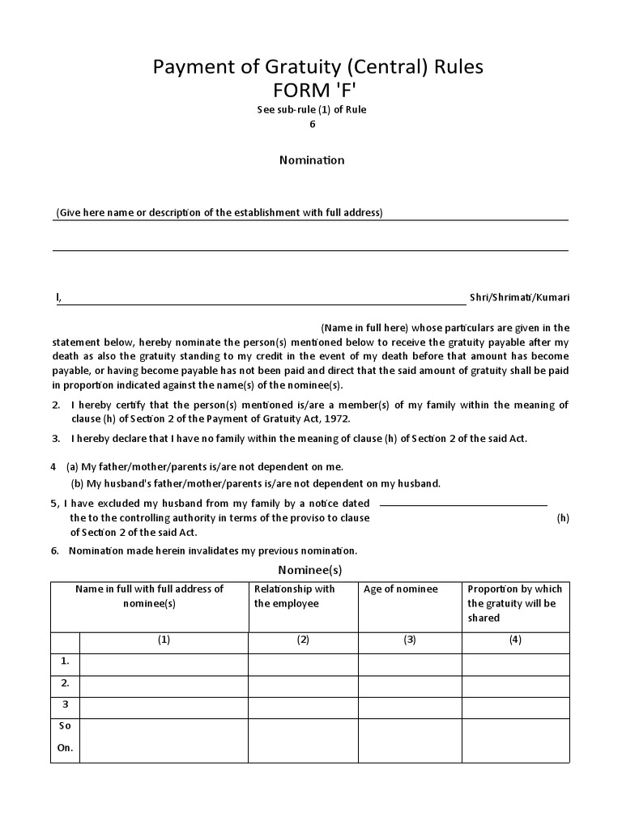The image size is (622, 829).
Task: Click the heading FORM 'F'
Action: click(317, 89)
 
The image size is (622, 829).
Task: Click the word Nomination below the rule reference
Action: click(312, 159)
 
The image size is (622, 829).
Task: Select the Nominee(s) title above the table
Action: click(310, 569)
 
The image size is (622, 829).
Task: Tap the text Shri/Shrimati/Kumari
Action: click(519, 297)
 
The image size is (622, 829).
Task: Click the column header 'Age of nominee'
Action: click(400, 589)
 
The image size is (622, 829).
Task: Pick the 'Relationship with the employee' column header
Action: click(294, 596)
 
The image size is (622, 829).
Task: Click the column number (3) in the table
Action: click(410, 640)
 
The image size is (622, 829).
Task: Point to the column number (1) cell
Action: click(164, 640)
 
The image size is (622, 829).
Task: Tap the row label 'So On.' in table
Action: click(65, 737)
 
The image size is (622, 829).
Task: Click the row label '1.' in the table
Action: click(65, 661)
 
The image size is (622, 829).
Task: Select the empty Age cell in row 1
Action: click(410, 664)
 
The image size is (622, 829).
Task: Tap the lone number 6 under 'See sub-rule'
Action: click(312, 124)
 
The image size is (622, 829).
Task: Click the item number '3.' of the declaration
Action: click(57, 438)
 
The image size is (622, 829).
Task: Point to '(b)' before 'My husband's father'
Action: click(78, 483)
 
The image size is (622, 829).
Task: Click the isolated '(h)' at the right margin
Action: click(563, 518)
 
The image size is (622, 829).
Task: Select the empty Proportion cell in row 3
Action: click(515, 707)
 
